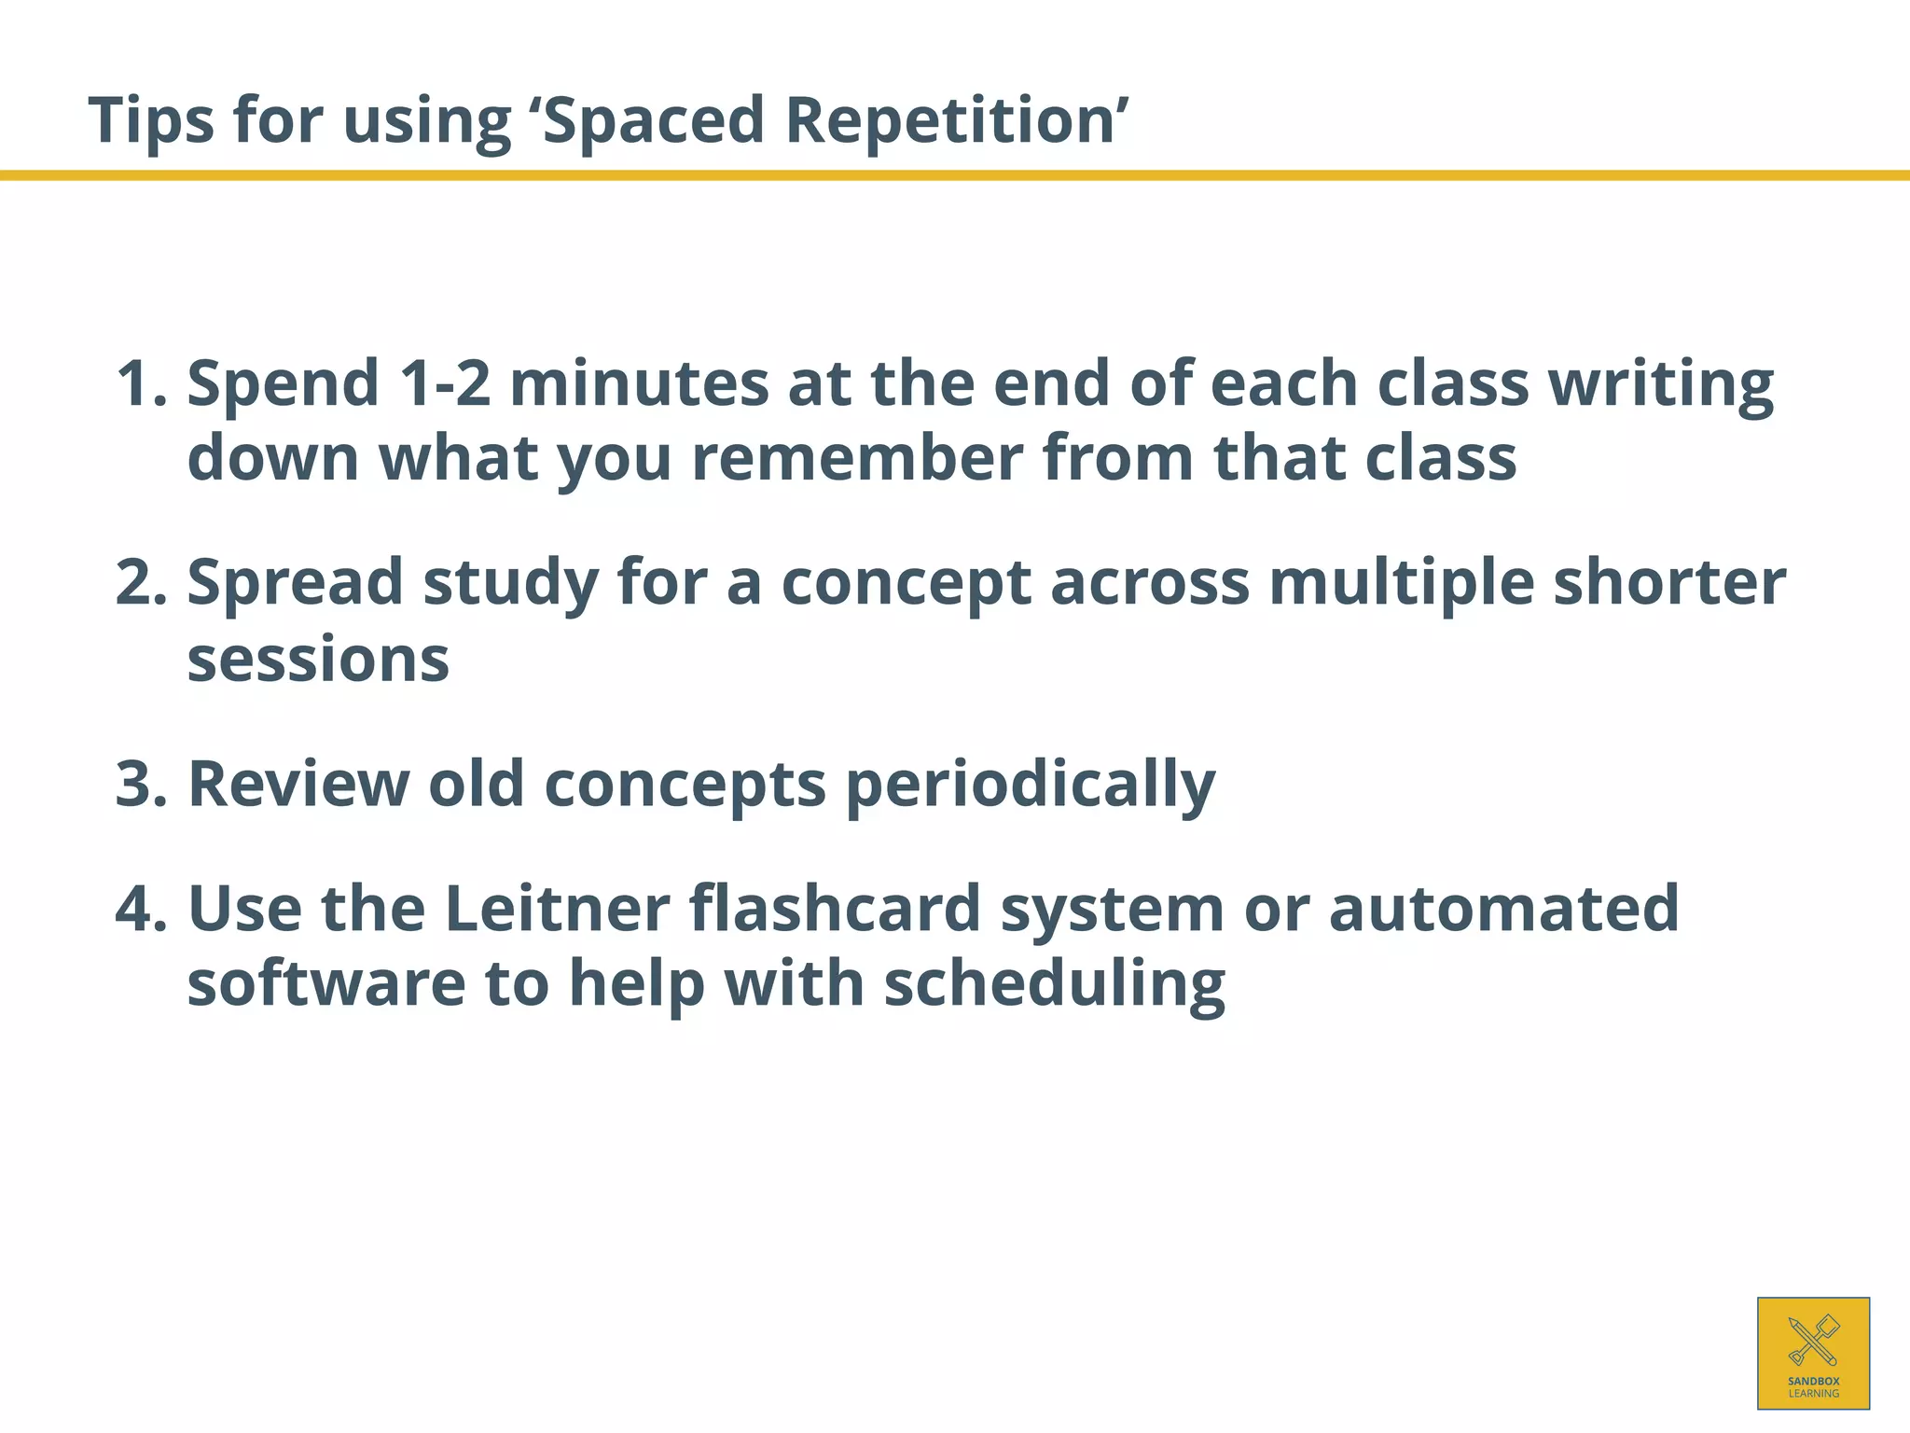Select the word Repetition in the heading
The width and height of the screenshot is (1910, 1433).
pyautogui.click(x=950, y=121)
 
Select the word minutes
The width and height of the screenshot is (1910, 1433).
pyautogui.click(x=639, y=383)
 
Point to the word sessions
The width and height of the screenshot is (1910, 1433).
pyautogui.click(x=318, y=660)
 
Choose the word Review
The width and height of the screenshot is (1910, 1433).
pyautogui.click(x=298, y=784)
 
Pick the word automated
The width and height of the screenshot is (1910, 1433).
pyautogui.click(x=1503, y=909)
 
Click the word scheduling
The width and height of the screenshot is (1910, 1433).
pyautogui.click(x=1054, y=985)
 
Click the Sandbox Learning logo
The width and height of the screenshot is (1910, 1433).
pyautogui.click(x=1813, y=1353)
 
